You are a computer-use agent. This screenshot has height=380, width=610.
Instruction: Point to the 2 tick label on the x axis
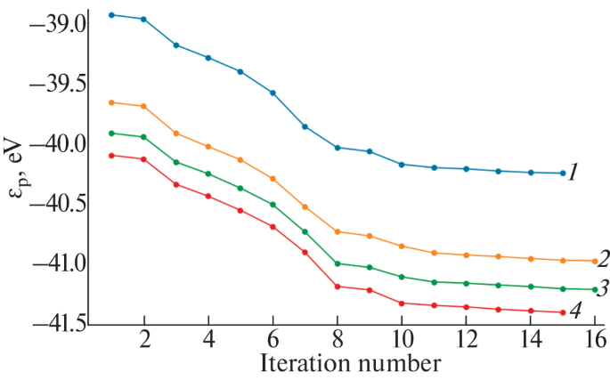[143, 340]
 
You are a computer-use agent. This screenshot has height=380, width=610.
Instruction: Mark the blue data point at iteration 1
[111, 15]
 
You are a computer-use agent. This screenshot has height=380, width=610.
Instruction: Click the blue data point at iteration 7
[305, 126]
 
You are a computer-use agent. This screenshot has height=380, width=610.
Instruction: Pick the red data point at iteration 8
[337, 287]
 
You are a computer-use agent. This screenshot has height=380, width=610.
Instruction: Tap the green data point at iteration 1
[111, 133]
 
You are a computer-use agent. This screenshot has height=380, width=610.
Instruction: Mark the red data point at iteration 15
[563, 312]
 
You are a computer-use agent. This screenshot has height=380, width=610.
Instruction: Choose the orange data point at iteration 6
[272, 179]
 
